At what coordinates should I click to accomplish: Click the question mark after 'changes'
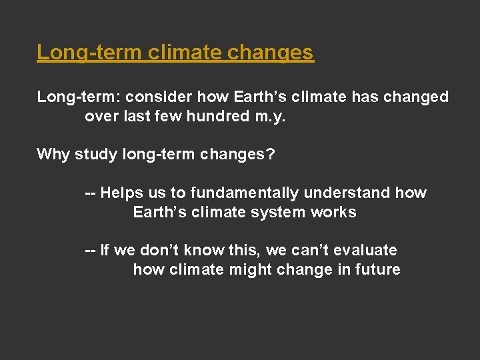coord(270,155)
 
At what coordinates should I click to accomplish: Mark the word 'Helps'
coord(122,193)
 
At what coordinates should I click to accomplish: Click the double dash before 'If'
coord(90,251)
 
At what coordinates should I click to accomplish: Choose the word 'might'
coord(256,270)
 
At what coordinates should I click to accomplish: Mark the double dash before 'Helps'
coord(90,193)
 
